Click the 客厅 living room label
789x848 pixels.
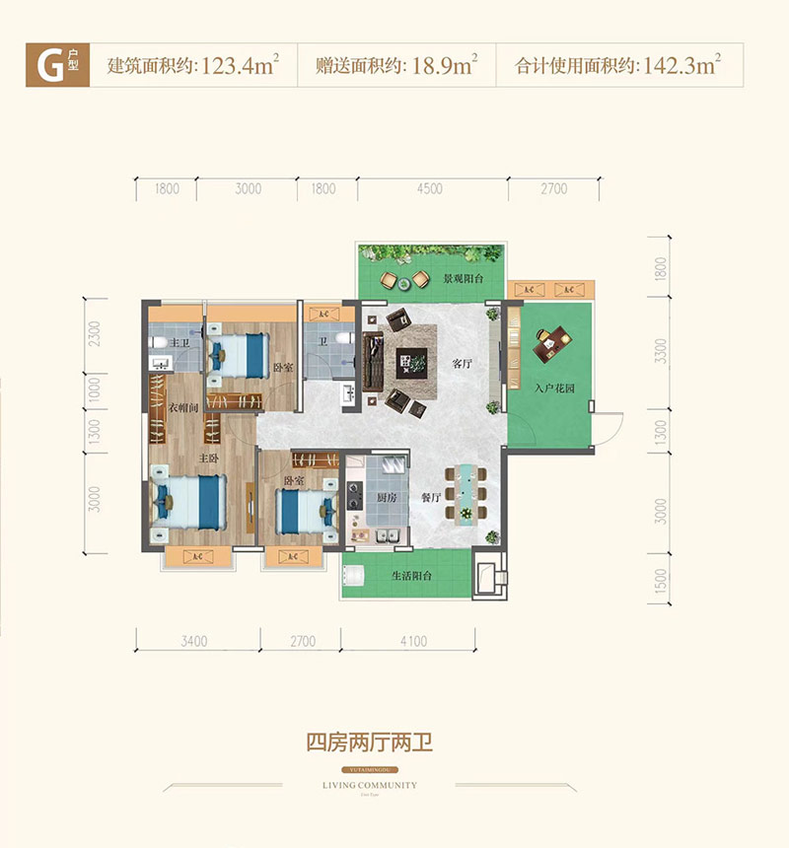click(x=463, y=363)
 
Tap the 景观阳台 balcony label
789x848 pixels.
click(x=463, y=279)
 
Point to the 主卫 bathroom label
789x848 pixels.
click(x=179, y=342)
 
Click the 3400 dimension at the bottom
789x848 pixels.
click(x=193, y=642)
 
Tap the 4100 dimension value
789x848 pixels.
click(x=414, y=642)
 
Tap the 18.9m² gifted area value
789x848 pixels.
click(x=439, y=67)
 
